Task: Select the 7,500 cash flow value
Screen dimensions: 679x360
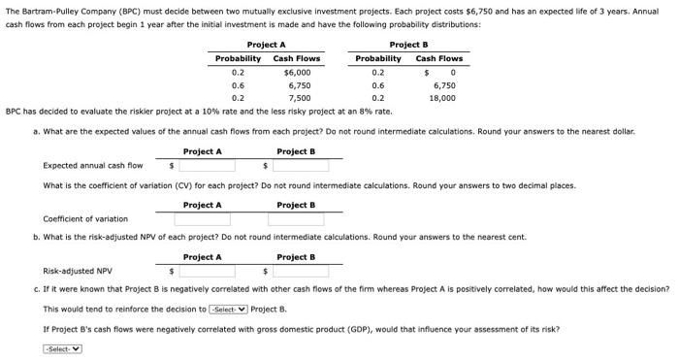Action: pos(299,98)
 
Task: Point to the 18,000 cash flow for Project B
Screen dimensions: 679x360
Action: pos(442,98)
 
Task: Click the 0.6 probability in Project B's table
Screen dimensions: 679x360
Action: pos(378,84)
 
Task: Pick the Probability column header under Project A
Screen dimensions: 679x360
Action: pos(238,58)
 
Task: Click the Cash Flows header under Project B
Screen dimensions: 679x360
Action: pos(438,58)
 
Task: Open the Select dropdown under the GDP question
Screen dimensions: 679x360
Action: pos(63,348)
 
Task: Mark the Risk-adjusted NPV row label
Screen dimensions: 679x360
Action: pos(78,271)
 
